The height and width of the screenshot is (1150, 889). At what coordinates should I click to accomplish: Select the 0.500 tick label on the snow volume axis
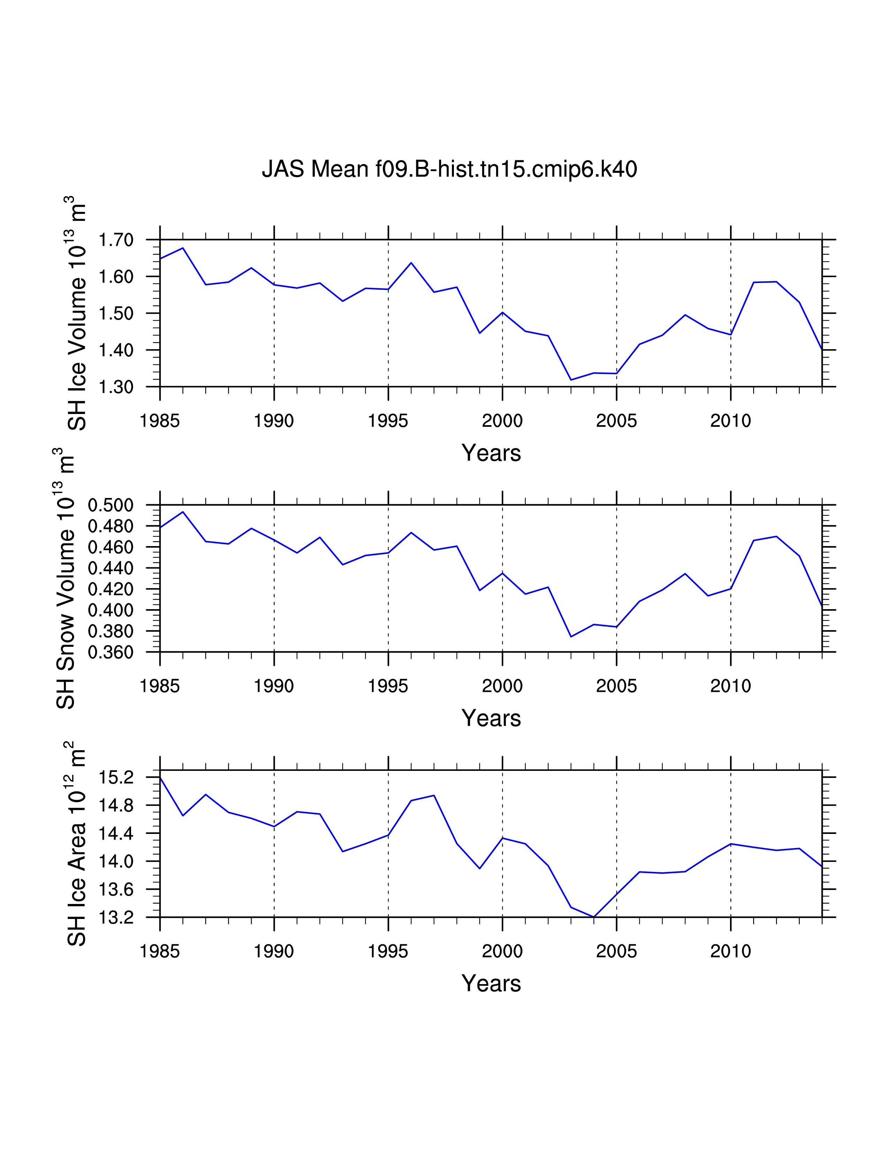coord(110,506)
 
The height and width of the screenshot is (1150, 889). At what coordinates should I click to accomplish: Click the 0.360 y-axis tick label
coord(110,652)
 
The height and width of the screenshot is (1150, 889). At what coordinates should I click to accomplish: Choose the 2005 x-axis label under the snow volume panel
coord(616,686)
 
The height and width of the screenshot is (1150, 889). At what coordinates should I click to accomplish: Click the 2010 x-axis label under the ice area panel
coord(730,951)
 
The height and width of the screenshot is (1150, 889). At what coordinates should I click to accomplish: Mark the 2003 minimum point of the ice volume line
coord(571,379)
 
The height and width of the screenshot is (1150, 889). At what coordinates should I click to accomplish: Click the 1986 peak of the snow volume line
coord(183,512)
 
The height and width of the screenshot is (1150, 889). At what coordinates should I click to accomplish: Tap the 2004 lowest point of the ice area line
coord(594,917)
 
